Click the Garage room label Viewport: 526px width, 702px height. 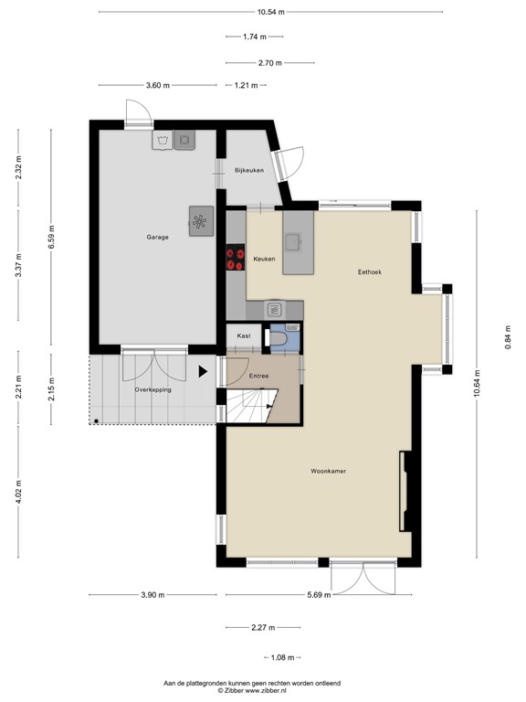point(157,237)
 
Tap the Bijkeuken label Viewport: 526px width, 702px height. point(248,171)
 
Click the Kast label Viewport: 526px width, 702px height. point(244,336)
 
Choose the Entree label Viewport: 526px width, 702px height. point(258,376)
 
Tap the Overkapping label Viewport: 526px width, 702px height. point(153,389)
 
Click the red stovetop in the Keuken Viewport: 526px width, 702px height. point(235,259)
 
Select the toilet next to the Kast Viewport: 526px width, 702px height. point(283,338)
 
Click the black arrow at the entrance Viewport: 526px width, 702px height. point(203,372)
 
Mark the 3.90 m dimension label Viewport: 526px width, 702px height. point(153,595)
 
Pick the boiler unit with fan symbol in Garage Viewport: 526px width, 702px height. point(200,219)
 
